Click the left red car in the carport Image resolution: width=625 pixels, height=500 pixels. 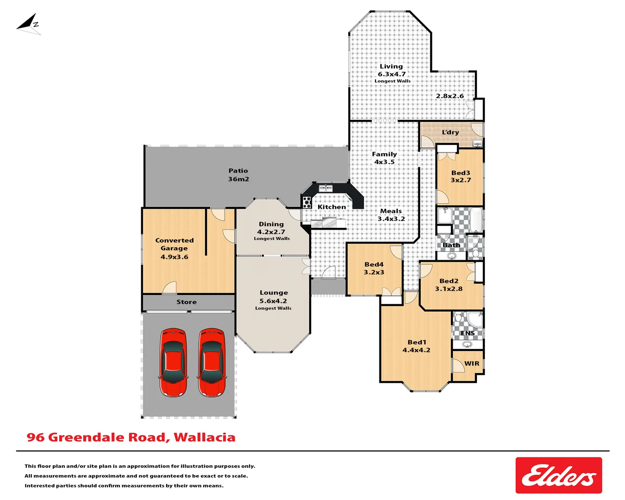[x=174, y=362]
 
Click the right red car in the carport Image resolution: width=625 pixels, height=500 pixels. [x=212, y=362]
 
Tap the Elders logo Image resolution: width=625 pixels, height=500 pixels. [x=558, y=475]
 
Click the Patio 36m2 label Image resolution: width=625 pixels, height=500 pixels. [x=238, y=175]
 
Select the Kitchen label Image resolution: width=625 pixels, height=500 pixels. [x=331, y=207]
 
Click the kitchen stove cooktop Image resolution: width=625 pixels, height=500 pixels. [x=306, y=202]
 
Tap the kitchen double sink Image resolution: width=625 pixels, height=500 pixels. [x=325, y=188]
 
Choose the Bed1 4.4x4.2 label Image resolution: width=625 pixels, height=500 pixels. [x=416, y=346]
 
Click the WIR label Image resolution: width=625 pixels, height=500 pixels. [x=472, y=363]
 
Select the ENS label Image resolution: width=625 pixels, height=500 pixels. [x=468, y=333]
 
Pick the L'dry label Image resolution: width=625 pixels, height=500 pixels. [x=450, y=132]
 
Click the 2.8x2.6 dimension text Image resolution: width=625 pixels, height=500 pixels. [x=450, y=96]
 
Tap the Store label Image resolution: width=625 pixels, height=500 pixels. [x=187, y=302]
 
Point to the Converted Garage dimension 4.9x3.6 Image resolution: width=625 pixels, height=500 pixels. [x=174, y=257]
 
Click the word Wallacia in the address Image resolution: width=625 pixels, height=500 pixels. [x=205, y=437]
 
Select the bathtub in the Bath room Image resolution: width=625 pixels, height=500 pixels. [x=476, y=219]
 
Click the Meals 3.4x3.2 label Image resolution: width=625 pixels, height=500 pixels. [x=391, y=215]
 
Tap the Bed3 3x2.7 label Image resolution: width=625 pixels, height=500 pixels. [x=461, y=176]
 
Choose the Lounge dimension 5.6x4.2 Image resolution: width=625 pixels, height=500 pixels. [x=273, y=301]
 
